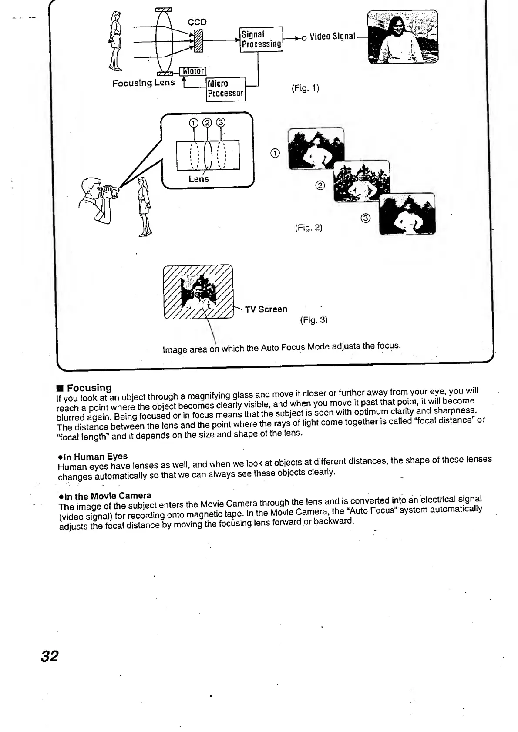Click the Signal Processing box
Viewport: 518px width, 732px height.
tap(261, 39)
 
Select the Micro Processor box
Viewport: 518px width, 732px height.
tap(225, 88)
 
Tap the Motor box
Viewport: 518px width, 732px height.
tap(193, 71)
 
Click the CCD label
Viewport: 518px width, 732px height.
tap(197, 22)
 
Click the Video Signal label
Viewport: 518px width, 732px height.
tap(333, 37)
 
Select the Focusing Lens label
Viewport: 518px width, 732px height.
tap(143, 83)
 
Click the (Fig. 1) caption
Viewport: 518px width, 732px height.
tap(305, 88)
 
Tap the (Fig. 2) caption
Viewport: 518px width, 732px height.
tap(309, 228)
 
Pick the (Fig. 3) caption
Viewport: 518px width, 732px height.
tap(313, 320)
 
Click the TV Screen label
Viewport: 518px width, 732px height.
tap(266, 309)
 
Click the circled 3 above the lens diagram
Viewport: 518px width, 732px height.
tap(221, 122)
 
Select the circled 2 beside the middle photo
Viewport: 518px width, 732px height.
tap(320, 186)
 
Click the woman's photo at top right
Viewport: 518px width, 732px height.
tap(403, 37)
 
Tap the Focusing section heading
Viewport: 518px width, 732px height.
tap(89, 387)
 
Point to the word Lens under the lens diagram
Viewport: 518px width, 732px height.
tap(198, 179)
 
